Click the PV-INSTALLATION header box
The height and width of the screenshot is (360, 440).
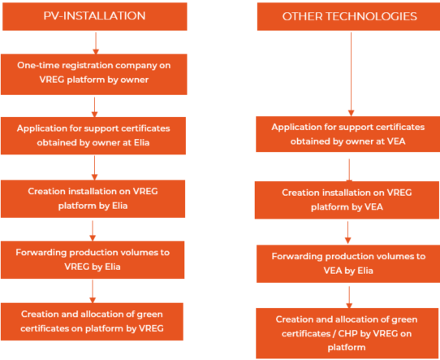[x=95, y=16]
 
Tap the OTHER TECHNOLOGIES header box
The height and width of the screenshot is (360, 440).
[x=348, y=16]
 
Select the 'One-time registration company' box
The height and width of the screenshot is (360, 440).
[x=94, y=75]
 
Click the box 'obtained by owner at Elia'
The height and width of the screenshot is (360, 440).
[x=93, y=136]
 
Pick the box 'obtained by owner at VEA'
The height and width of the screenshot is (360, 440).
[x=348, y=134]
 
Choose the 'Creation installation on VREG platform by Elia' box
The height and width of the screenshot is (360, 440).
[x=93, y=199]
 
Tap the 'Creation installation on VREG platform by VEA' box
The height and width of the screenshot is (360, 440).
[x=347, y=200]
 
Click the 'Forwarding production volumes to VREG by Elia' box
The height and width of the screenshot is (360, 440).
[x=93, y=260]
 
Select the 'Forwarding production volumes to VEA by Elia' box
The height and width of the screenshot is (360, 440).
[x=348, y=263]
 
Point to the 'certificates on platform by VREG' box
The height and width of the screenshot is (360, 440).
[x=92, y=322]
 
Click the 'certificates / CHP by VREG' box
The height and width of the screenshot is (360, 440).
[x=347, y=333]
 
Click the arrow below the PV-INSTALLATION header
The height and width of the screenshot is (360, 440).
[x=96, y=43]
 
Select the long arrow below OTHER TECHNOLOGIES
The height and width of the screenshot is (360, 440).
[x=351, y=74]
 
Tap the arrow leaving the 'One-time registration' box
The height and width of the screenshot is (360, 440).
[x=94, y=107]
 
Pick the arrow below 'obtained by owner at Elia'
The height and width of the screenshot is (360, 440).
[x=94, y=168]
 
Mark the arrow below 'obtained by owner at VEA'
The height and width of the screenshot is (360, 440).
[x=349, y=170]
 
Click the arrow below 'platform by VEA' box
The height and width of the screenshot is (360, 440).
[x=348, y=232]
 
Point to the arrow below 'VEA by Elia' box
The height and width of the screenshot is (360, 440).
[x=349, y=297]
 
